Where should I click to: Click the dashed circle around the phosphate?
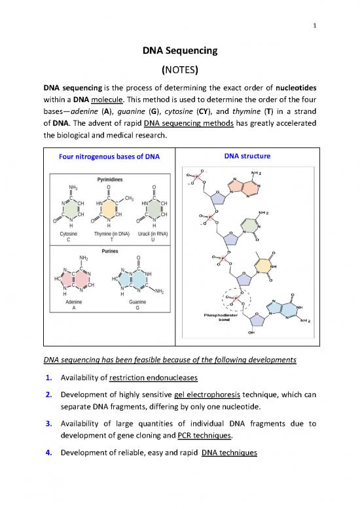[233, 301]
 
